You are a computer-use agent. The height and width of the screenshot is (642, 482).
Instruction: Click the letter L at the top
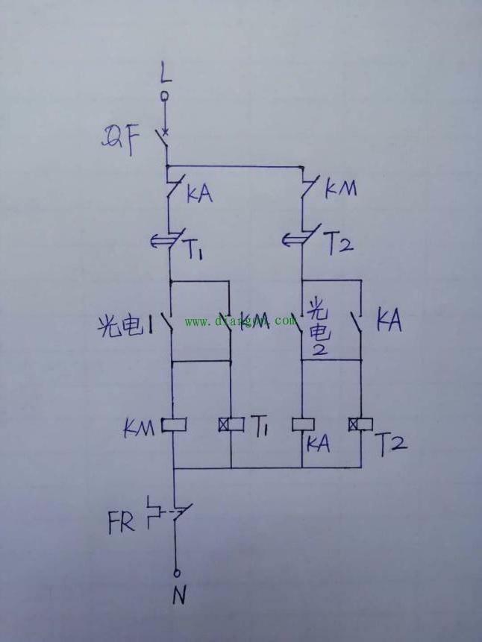[x=165, y=72]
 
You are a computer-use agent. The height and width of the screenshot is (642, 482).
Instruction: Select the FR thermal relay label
[x=122, y=521]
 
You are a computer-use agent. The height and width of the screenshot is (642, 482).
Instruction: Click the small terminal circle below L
[x=166, y=96]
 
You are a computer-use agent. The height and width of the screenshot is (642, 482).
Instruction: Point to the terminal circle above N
[x=177, y=573]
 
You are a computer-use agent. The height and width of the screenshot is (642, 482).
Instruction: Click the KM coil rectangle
[x=173, y=425]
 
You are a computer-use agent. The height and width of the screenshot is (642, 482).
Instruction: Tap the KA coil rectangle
[x=302, y=425]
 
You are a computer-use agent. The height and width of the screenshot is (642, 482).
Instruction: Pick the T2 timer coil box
[x=360, y=425]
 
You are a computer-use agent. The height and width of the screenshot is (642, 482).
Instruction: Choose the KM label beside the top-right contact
[x=341, y=189]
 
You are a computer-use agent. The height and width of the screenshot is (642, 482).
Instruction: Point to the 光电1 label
[x=125, y=325]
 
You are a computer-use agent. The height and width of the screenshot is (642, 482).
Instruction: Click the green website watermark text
[x=240, y=321]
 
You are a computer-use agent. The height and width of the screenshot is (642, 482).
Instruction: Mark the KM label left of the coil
[x=140, y=428]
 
